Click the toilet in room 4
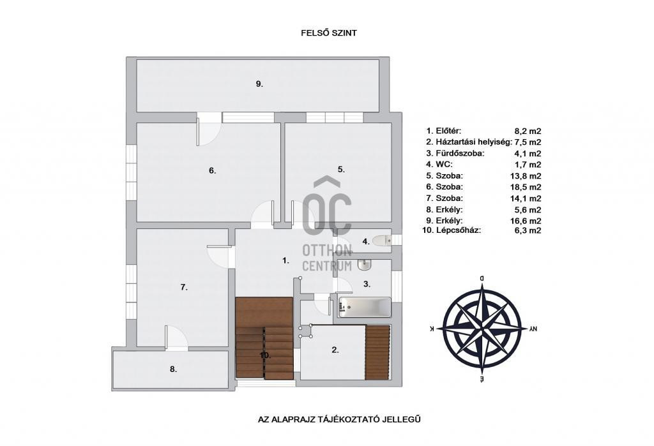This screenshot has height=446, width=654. [382, 241]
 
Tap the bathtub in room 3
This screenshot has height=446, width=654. [365, 307]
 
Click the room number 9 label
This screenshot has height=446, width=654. [259, 84]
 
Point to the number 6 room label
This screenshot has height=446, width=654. [212, 170]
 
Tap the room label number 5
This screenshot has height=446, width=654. [341, 169]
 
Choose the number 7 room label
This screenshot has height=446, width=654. [184, 287]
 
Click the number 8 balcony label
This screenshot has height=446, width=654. [174, 369]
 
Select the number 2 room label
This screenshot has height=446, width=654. [335, 350]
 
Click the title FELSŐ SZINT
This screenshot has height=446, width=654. [329, 33]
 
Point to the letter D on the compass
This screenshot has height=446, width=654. [482, 278]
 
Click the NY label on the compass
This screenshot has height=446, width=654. [533, 329]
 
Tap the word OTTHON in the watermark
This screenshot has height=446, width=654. [328, 251]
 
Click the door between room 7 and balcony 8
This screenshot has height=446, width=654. [176, 337]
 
